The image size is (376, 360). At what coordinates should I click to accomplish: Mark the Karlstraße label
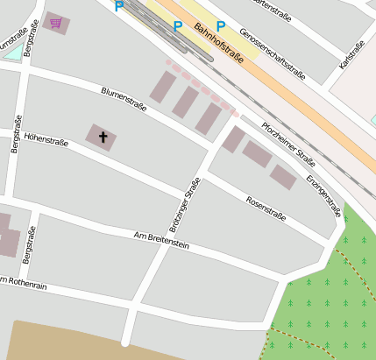(351, 55)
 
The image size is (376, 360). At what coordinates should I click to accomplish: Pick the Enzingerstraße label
(324, 194)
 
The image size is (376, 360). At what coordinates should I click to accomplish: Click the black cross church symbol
(103, 137)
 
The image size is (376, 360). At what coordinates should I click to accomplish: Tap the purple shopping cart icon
(56, 23)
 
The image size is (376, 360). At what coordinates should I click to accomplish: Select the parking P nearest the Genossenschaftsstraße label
(220, 25)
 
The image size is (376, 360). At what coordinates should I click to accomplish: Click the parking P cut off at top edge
(119, 5)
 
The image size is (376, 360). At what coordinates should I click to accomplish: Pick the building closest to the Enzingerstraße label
(282, 177)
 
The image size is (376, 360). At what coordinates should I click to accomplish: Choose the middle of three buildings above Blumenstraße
(185, 102)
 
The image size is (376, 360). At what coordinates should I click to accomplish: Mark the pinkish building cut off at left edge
(7, 235)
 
